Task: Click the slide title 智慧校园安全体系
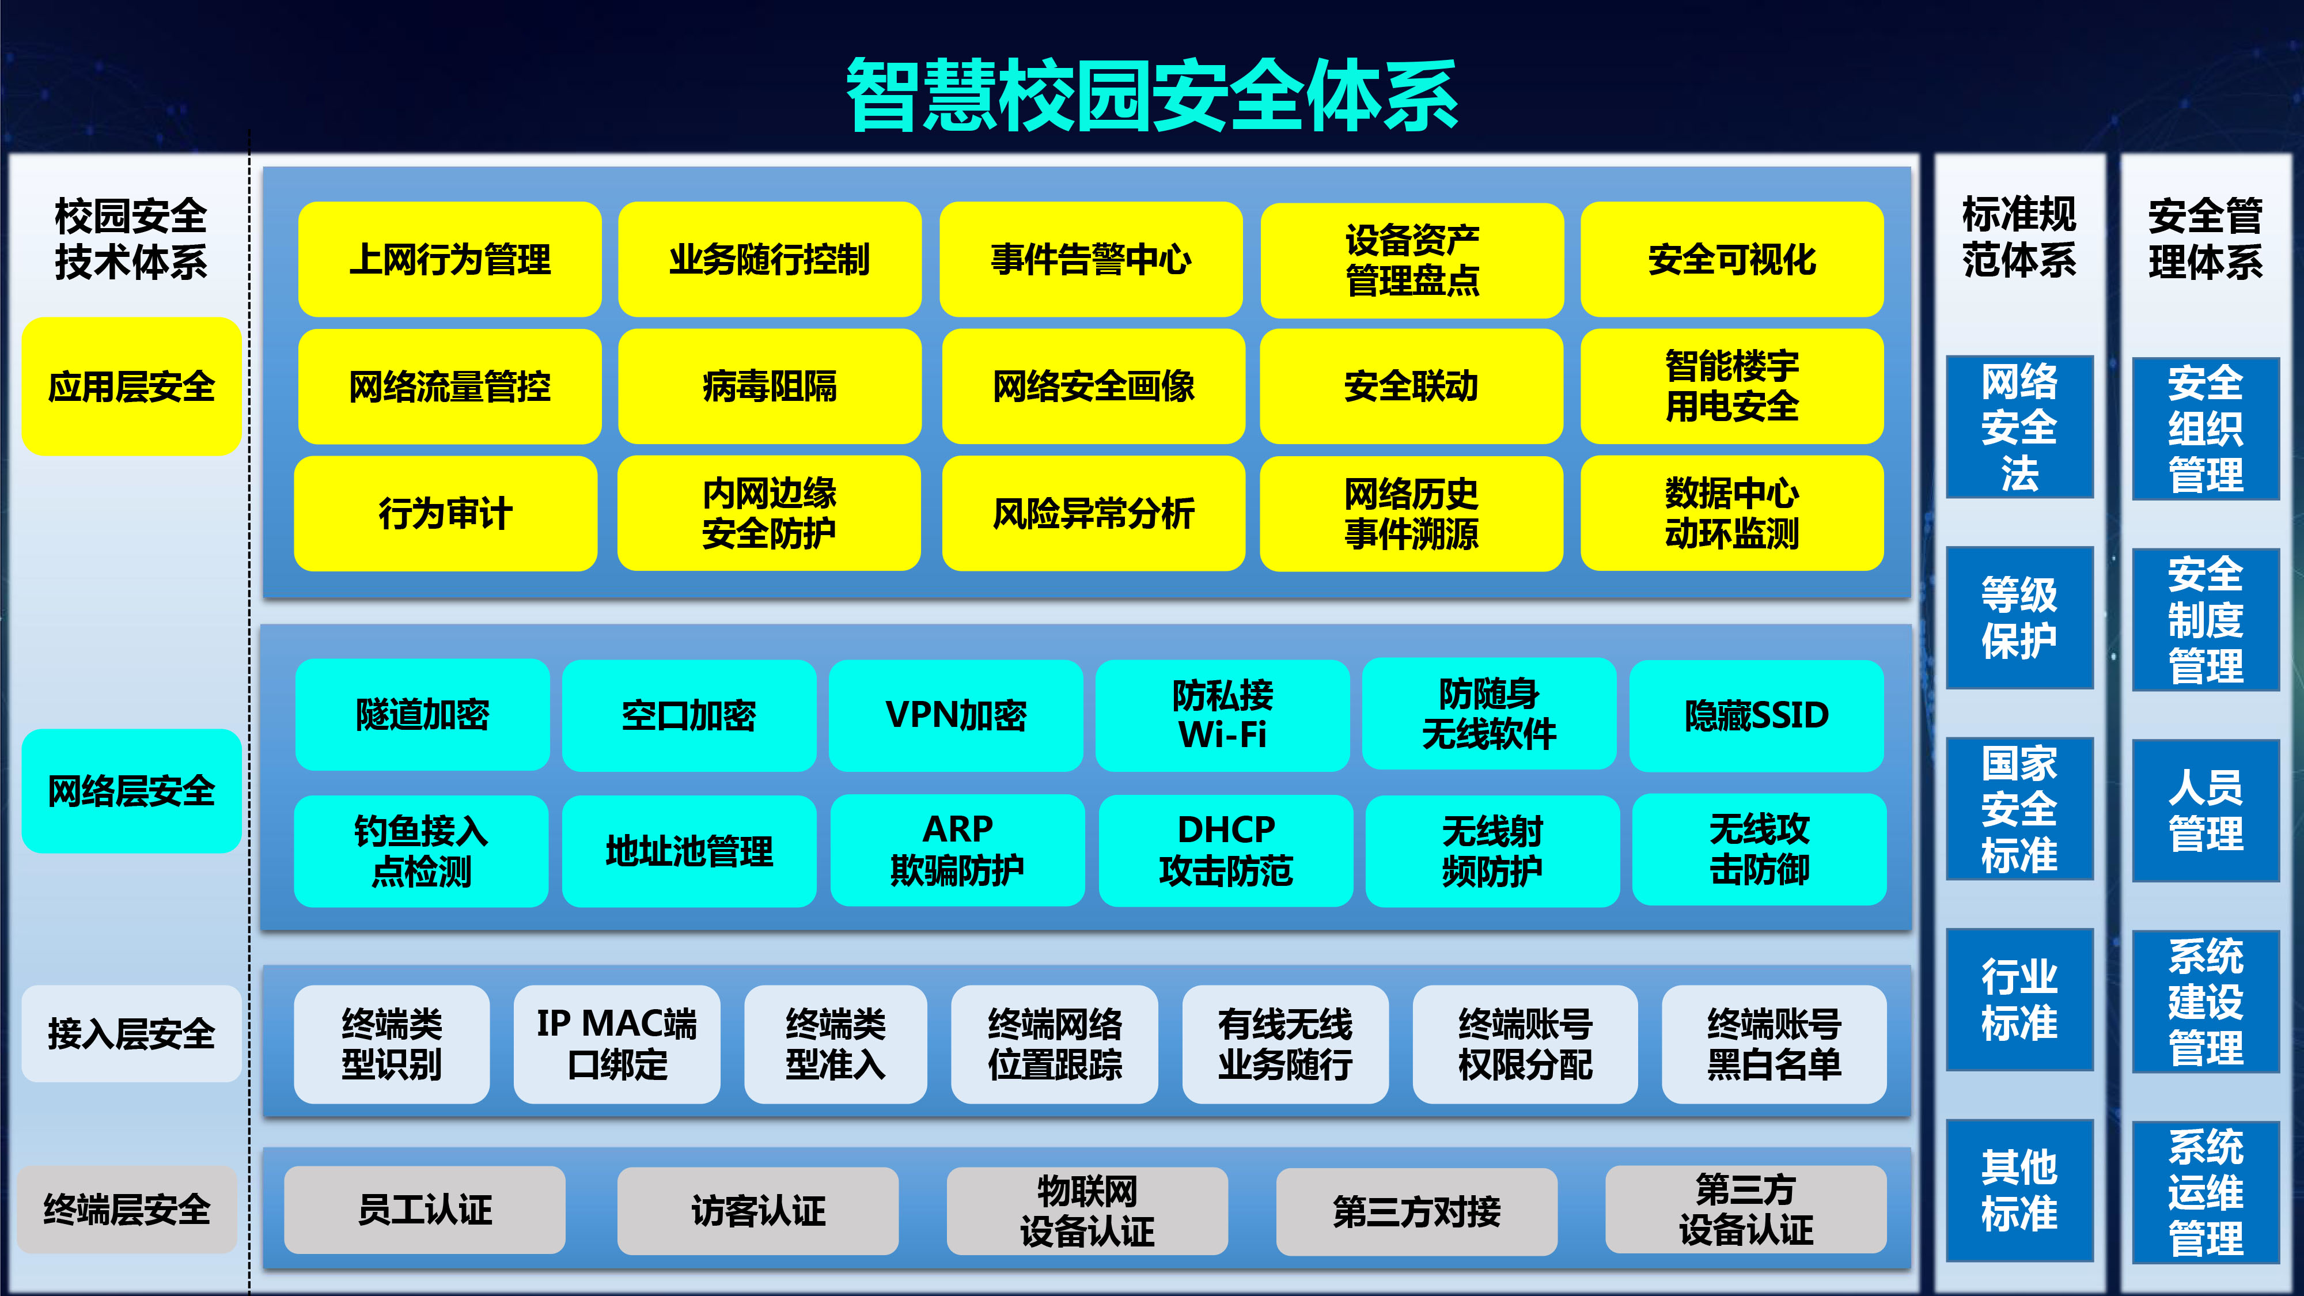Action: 1152,95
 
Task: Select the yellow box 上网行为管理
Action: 450,259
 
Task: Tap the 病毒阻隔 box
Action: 769,386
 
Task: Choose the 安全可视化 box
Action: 1731,259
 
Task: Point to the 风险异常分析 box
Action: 1093,513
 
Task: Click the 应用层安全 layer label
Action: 131,386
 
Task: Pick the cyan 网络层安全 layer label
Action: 131,791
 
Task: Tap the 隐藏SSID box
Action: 1757,715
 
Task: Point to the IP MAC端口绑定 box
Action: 616,1044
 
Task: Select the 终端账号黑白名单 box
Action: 1774,1044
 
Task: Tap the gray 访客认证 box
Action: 757,1211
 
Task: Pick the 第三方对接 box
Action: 1417,1211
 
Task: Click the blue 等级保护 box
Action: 2019,617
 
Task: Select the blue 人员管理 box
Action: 2206,810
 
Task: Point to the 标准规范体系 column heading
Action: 2019,237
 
